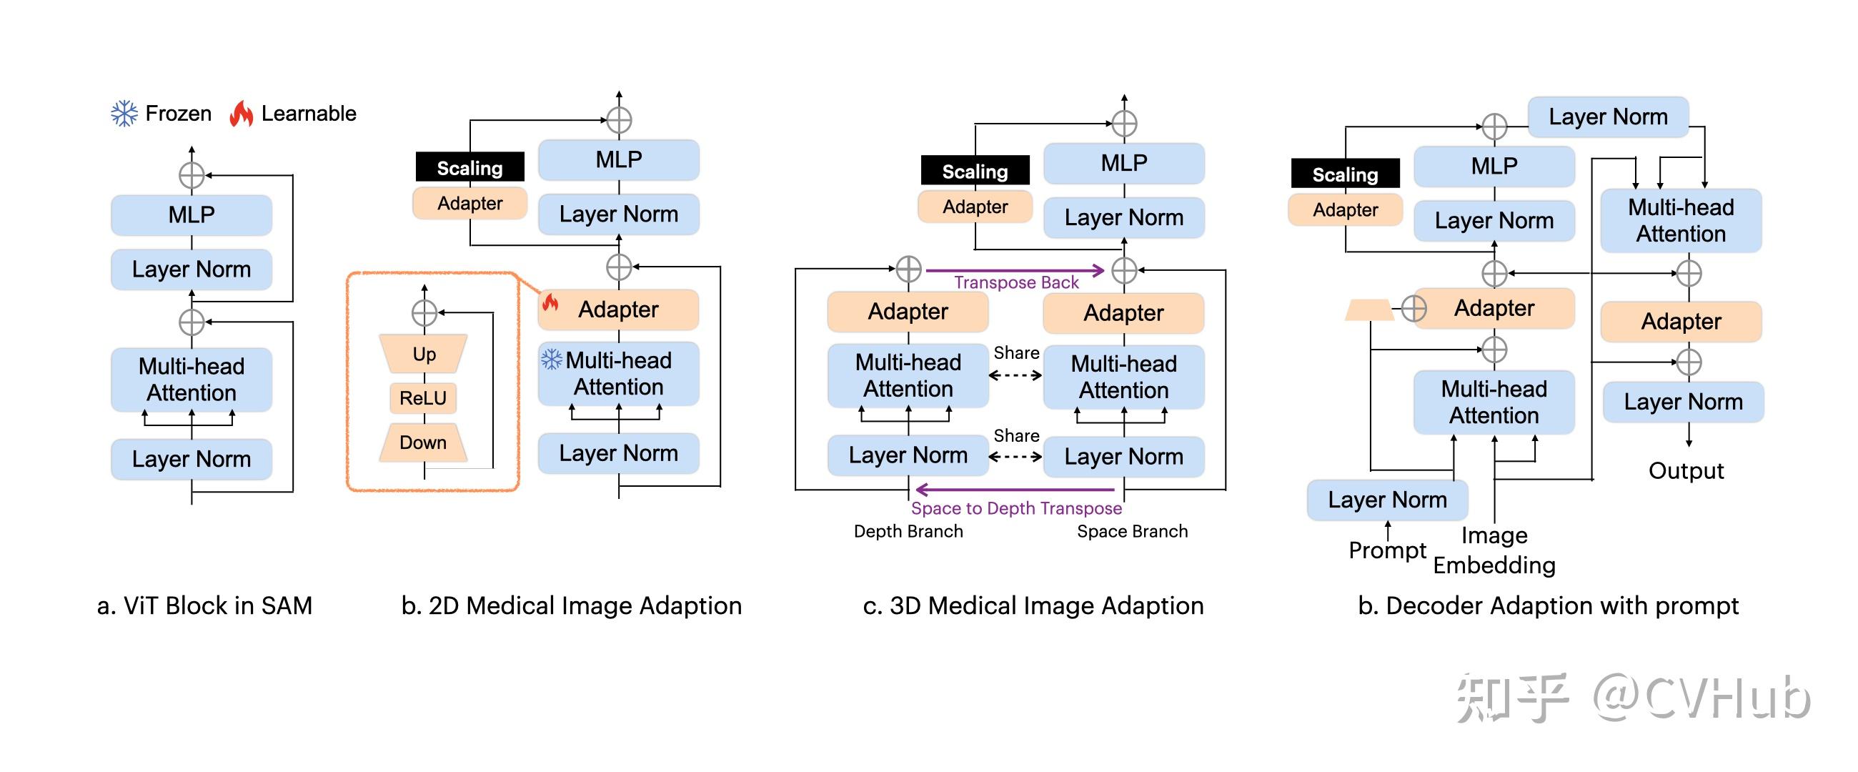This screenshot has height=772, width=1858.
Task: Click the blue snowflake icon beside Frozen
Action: click(124, 113)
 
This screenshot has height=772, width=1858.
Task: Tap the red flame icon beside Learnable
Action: click(241, 113)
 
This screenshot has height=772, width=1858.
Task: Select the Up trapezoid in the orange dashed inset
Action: click(424, 354)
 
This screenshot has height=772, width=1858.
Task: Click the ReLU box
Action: click(423, 397)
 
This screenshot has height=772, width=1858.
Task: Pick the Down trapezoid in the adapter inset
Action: click(423, 442)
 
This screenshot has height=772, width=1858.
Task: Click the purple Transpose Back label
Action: click(1015, 282)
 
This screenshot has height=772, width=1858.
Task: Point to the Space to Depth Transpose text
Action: click(1015, 508)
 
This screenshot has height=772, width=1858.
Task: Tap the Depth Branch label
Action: click(908, 531)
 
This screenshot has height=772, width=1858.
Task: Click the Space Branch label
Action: click(1132, 531)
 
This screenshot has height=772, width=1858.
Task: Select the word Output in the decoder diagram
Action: click(1686, 470)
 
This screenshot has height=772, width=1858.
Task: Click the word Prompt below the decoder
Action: click(1386, 550)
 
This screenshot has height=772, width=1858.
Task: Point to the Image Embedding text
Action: click(1494, 550)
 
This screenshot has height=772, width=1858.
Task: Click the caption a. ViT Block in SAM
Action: click(205, 605)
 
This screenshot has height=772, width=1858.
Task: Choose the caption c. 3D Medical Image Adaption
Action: click(1033, 605)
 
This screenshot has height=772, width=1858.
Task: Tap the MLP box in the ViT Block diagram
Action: click(192, 214)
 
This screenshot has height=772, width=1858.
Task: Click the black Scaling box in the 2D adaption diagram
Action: click(470, 167)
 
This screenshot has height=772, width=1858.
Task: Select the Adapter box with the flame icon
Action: click(619, 309)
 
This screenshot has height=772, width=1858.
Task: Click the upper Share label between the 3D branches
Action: click(1015, 353)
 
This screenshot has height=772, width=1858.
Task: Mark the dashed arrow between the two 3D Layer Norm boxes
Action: click(1015, 456)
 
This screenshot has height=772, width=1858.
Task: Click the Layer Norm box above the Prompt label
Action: click(1387, 499)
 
